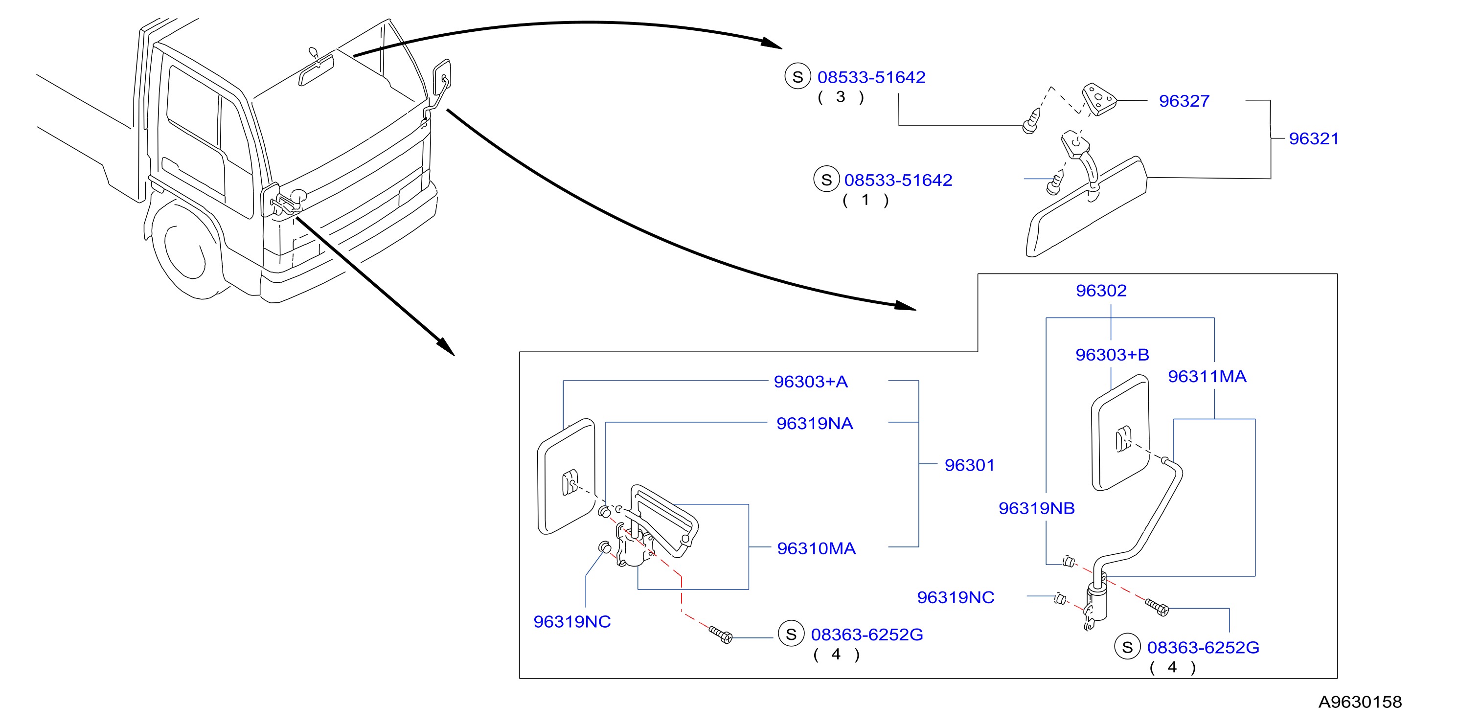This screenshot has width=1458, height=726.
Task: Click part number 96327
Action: click(1184, 101)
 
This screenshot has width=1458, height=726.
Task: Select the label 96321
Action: click(1314, 138)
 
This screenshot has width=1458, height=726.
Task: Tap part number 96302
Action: click(1101, 290)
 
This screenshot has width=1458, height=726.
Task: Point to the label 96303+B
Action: click(1112, 355)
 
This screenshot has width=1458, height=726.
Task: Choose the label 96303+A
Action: click(811, 382)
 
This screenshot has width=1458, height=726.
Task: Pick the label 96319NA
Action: click(815, 423)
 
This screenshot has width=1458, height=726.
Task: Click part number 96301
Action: click(969, 465)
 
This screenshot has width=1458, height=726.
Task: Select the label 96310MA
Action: click(816, 548)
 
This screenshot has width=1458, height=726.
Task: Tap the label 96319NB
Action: click(1036, 508)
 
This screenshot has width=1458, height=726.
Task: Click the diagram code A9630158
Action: click(1360, 702)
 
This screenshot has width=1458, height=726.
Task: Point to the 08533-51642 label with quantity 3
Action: click(871, 77)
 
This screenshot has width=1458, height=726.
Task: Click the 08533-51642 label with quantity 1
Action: click(898, 180)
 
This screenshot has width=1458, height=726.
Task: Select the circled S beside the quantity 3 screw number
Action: click(798, 77)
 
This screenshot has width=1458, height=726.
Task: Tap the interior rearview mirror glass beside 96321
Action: click(1087, 207)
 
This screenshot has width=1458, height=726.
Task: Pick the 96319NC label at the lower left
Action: click(571, 621)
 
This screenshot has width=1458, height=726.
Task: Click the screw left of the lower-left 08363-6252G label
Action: click(721, 635)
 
